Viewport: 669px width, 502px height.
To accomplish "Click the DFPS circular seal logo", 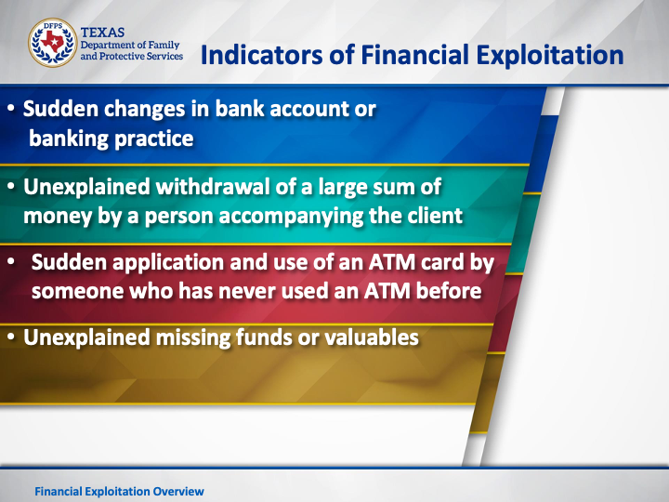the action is coord(52,43).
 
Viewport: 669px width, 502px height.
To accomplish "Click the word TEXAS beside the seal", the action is coord(102,33).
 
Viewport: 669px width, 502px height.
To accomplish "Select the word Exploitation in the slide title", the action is coord(549,56).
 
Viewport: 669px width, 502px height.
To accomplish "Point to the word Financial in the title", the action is coord(414,55).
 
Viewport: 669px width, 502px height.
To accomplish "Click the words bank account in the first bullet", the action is coord(282,109).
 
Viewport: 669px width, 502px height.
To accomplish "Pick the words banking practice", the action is coord(111,139).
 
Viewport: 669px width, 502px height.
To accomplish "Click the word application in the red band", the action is coord(168,262).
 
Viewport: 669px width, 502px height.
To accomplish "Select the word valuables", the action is coord(371,337).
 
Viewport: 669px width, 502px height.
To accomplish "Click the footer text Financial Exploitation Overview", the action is coord(120,492).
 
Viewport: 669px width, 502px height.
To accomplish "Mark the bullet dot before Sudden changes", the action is coord(11,109).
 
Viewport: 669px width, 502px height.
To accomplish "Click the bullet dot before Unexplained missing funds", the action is coord(11,337).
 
